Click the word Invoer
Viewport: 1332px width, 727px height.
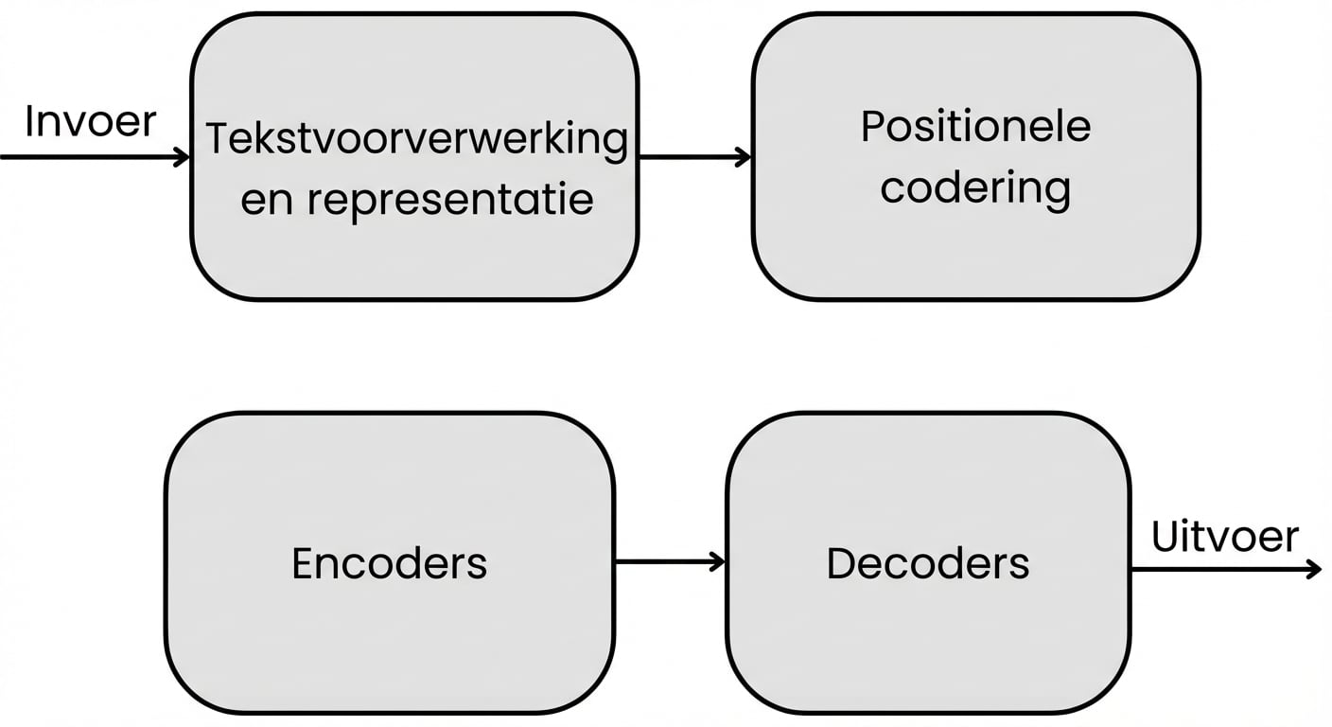[90, 122]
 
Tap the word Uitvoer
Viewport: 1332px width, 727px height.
[1225, 537]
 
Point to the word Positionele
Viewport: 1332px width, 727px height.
[975, 127]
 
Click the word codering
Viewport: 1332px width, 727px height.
[975, 187]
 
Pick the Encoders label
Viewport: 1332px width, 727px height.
[389, 563]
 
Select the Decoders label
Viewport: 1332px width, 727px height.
[928, 563]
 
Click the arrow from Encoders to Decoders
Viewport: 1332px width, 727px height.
[667, 562]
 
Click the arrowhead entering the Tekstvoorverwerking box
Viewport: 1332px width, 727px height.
[182, 157]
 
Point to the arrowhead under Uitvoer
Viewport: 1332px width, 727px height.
[1312, 569]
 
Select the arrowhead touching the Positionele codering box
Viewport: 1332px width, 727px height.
[744, 157]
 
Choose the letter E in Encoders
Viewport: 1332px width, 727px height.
[303, 563]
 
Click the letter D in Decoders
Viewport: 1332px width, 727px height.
[841, 563]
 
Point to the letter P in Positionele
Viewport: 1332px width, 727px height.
[872, 127]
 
